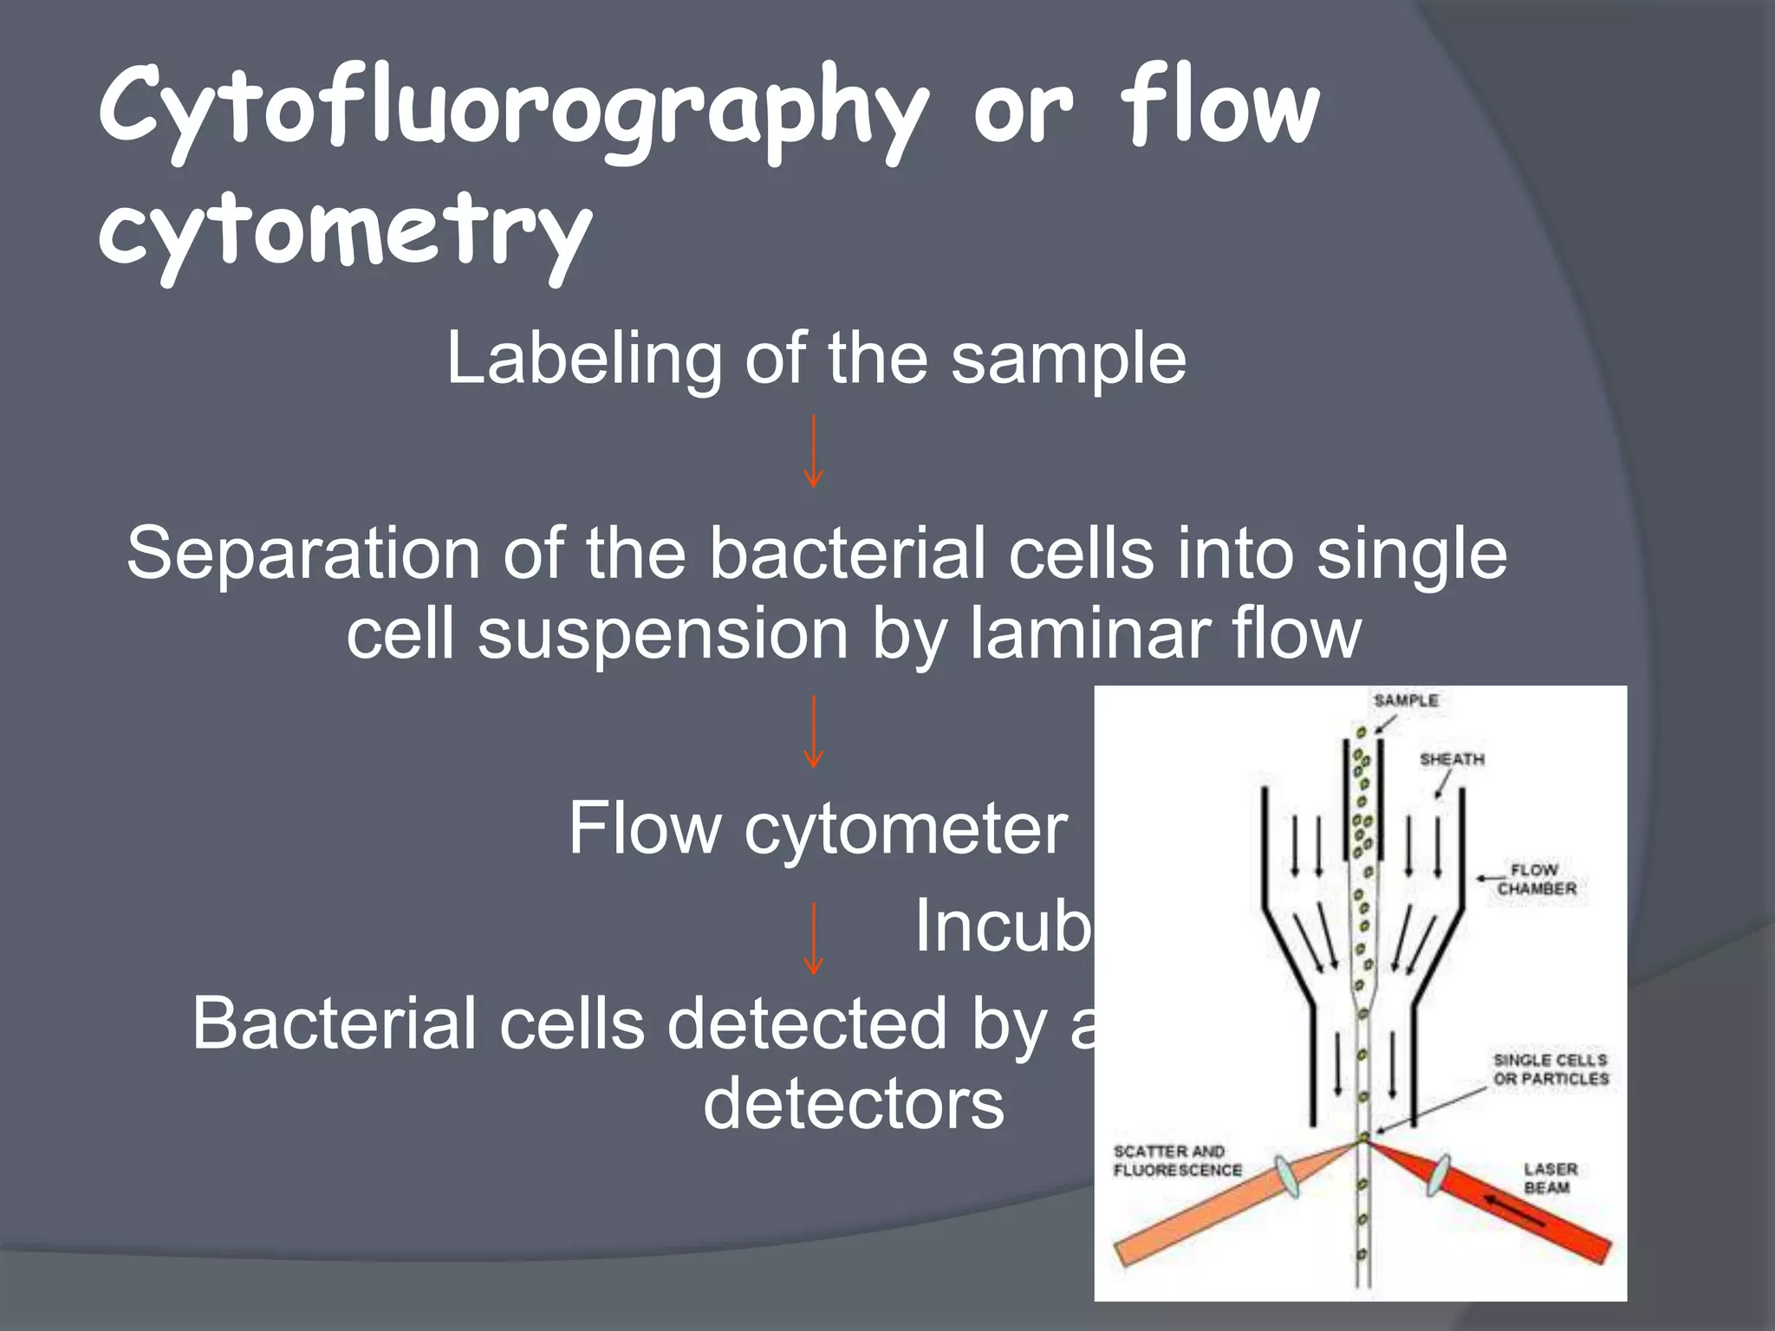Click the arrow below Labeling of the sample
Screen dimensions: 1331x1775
813,451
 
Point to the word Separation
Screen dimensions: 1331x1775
302,555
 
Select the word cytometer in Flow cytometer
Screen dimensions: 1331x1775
906,829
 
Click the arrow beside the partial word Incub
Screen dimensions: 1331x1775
813,938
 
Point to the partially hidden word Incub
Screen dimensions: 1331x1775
1004,926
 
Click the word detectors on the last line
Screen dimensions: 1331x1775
854,1104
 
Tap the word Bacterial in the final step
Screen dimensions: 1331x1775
333,1024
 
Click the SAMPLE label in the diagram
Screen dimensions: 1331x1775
1405,700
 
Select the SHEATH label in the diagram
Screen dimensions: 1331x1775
1452,759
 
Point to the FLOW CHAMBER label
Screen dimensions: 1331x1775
1536,879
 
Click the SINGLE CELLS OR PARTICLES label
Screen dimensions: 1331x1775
1551,1069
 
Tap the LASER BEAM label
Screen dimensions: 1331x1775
1550,1178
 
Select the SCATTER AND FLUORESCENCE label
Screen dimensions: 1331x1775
1177,1161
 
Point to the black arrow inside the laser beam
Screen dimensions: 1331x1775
1515,1211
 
